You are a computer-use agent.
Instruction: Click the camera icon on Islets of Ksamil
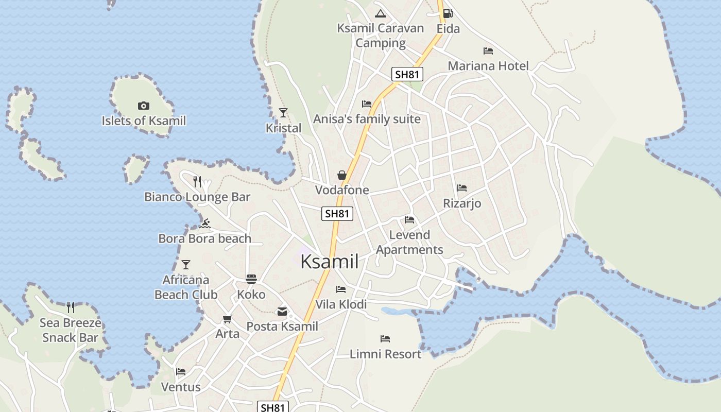pos(144,106)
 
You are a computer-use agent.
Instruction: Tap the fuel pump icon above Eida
pos(448,13)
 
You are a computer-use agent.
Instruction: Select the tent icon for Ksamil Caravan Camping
pos(381,13)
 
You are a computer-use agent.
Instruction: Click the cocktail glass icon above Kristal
pos(283,112)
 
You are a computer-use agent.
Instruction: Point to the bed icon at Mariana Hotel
pos(488,51)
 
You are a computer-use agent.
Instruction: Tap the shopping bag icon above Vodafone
pos(341,175)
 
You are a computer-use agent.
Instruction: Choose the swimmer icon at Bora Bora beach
pos(205,224)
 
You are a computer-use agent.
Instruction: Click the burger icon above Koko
pos(251,279)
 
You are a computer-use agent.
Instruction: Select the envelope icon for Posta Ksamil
pos(282,311)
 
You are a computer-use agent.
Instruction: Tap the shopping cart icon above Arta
pos(227,319)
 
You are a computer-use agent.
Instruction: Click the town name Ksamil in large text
pos(329,262)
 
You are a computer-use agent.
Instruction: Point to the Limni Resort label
pos(385,354)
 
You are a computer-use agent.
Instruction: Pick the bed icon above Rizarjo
pos(462,188)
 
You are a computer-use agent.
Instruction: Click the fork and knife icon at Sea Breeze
pos(71,307)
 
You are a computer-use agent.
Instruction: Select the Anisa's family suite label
pos(367,119)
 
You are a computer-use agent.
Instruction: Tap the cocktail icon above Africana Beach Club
pos(186,265)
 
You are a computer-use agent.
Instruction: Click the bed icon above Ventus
pos(180,371)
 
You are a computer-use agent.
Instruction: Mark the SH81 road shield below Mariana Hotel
pos(407,74)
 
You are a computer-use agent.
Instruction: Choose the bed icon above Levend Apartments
pos(409,220)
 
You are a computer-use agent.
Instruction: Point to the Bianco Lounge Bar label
pos(197,197)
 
